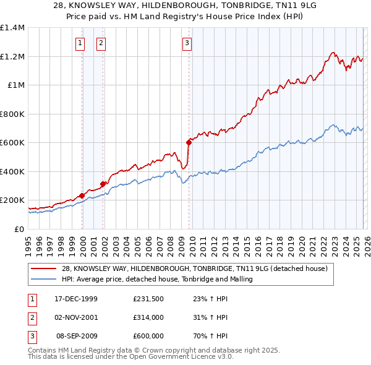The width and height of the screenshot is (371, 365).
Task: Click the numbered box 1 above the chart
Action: tap(80, 43)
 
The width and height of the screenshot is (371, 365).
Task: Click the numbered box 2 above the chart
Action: tap(101, 43)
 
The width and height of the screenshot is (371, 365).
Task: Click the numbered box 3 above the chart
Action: tap(187, 43)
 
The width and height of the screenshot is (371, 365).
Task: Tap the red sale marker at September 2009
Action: tap(189, 142)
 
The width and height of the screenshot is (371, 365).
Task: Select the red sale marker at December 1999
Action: tap(82, 195)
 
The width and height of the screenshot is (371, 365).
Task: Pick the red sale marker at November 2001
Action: tap(103, 184)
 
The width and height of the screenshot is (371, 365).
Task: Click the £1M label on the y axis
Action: tap(15, 85)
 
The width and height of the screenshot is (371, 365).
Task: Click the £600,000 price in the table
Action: tap(148, 336)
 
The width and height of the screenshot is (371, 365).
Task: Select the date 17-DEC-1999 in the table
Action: tap(76, 299)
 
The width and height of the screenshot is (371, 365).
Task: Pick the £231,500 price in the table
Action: tap(148, 299)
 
